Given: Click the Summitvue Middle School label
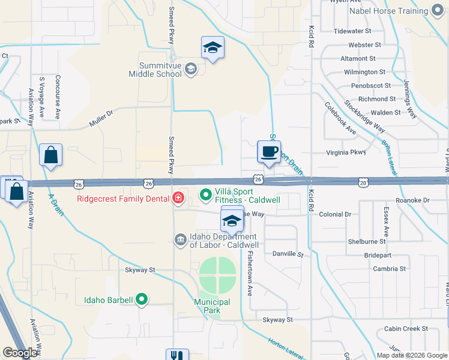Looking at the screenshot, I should click(155, 70).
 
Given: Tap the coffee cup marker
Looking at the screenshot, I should click(269, 152).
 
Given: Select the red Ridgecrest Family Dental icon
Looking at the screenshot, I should click(178, 198).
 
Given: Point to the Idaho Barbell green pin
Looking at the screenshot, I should click(142, 298).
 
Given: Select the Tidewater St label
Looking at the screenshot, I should click(352, 31).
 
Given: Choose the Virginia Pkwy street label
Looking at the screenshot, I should click(346, 152).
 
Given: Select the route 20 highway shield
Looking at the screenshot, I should click(363, 181).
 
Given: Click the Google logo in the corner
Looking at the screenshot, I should click(20, 353).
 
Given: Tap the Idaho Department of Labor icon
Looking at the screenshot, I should click(180, 240).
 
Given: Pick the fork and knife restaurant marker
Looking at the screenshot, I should click(176, 355).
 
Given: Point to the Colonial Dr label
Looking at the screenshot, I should click(335, 214).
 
